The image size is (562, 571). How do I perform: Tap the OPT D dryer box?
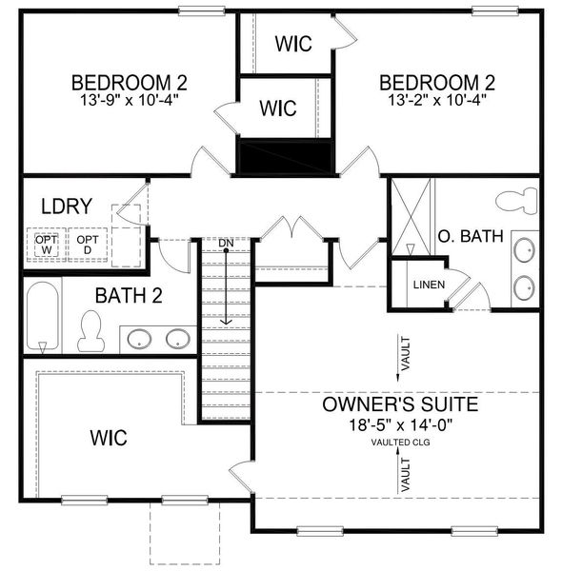pos(88,246)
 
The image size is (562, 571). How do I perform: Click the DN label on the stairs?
pos(226,244)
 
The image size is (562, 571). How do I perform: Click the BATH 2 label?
pos(128,295)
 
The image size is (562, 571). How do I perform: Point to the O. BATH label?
pos(470,235)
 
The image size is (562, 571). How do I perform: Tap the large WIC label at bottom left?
pos(109,438)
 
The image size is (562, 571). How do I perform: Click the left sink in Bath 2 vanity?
pos(139,338)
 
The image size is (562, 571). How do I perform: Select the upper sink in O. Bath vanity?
pos(523,251)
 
